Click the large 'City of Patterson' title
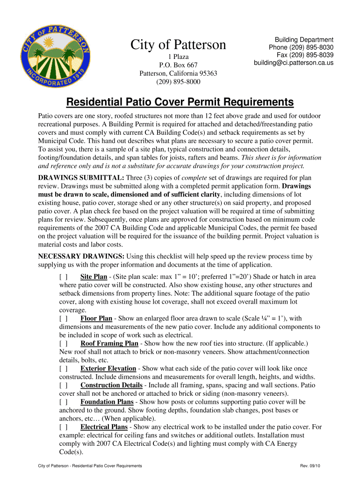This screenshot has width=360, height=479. (178, 45)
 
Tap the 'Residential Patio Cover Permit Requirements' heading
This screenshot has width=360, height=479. (180, 102)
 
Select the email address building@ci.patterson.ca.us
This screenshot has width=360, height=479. (294, 63)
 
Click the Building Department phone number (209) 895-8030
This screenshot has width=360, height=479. (301, 48)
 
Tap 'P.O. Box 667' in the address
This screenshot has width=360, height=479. (178, 65)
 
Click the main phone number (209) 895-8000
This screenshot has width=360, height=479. (178, 82)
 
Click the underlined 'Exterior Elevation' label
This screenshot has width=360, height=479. (108, 369)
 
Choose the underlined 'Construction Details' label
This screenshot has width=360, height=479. (111, 385)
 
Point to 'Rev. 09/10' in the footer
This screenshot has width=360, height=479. (311, 466)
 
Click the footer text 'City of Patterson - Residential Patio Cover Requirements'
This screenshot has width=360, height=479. (90, 466)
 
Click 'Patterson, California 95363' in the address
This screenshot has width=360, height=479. (178, 73)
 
